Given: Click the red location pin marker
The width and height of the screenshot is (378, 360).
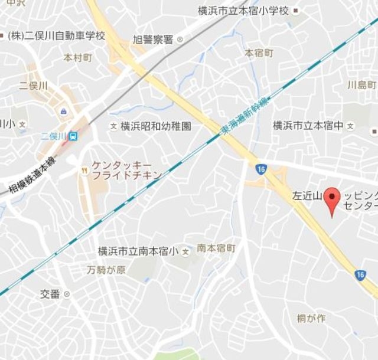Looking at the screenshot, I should pyautogui.click(x=334, y=199).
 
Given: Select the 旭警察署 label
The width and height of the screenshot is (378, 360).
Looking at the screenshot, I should pyautogui.click(x=152, y=40).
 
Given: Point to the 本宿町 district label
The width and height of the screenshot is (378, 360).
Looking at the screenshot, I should pyautogui.click(x=259, y=53).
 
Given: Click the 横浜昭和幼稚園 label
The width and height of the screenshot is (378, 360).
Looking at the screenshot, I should pyautogui.click(x=156, y=126).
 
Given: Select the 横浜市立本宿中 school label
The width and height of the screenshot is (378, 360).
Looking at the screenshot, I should pyautogui.click(x=308, y=126).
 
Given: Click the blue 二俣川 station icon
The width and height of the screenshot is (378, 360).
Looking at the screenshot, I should pyautogui.click(x=73, y=136).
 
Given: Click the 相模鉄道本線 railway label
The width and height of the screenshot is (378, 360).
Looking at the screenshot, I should pyautogui.click(x=32, y=174).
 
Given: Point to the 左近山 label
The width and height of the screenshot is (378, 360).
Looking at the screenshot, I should pyautogui.click(x=307, y=195).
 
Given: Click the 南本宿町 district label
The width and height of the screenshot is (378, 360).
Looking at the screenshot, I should pyautogui.click(x=217, y=248).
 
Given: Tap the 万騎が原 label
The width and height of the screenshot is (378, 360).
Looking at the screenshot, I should pyautogui.click(x=105, y=270).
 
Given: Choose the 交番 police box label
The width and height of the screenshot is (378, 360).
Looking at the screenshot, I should pyautogui.click(x=50, y=294).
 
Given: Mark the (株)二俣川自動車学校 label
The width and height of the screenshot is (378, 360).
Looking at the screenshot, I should pyautogui.click(x=57, y=36).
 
